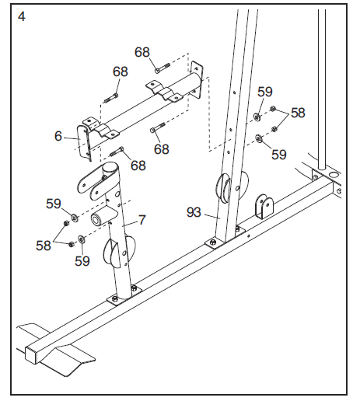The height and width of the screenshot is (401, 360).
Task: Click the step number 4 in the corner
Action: pos(21,16)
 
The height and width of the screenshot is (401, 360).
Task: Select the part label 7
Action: pos(142,221)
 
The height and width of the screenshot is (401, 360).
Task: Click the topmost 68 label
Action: pos(142,53)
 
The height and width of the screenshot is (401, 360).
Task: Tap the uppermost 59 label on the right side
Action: pos(265,92)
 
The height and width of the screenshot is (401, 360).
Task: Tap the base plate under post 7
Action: pos(123,297)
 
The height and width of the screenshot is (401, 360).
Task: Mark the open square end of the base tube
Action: pos(35,354)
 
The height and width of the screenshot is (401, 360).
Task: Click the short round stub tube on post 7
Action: pos(100,219)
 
